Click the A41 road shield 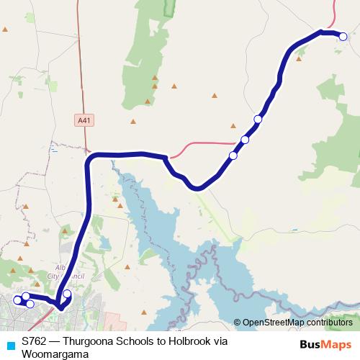(84, 122)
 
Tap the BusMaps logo (325, 343)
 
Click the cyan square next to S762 (10, 344)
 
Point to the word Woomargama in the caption (55, 354)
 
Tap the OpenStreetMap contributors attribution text (297, 322)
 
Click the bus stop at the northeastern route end (343, 36)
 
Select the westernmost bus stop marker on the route (17, 300)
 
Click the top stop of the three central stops (258, 119)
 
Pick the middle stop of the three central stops (245, 140)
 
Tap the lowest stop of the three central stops (233, 156)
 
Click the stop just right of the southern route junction (67, 293)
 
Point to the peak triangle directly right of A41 (133, 122)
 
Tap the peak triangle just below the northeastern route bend (299, 59)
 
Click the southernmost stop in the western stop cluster (30, 304)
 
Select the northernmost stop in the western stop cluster (26, 296)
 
